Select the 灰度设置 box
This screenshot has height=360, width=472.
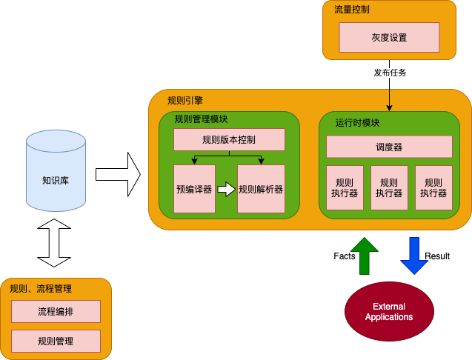coord(389,37)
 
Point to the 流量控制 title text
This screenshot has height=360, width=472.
coord(352,10)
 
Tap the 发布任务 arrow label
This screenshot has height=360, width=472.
coord(389,73)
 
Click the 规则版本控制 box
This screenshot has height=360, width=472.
coord(229,139)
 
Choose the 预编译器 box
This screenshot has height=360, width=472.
coord(193,189)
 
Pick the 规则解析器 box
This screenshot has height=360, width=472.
coord(261,189)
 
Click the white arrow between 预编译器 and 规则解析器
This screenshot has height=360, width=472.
coord(226,189)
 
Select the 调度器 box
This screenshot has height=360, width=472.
coord(389,147)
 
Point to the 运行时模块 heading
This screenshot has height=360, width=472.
coord(357,123)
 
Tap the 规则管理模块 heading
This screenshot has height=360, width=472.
coord(201,119)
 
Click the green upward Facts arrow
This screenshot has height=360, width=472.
coord(364,256)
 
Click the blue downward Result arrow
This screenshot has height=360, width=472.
coord(413,256)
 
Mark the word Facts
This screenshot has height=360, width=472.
coord(344,256)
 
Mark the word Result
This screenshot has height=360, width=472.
coord(437,256)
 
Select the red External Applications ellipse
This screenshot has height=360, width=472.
coord(389,312)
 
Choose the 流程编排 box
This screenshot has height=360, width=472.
coord(56,311)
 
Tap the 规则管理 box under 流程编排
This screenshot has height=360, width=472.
coord(56,341)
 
